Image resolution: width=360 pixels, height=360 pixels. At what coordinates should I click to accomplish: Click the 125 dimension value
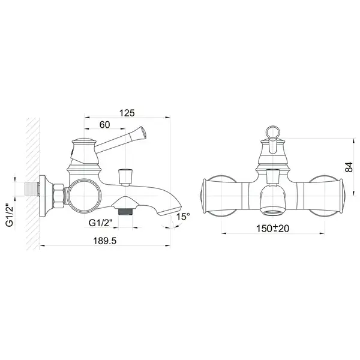click(127, 113)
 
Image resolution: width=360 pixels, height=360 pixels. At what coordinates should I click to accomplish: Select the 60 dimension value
click(104, 125)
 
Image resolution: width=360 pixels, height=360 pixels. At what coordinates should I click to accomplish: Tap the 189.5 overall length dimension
click(104, 241)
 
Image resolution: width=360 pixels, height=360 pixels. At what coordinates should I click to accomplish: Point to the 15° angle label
click(183, 216)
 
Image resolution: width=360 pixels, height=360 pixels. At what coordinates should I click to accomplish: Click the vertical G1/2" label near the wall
click(10, 215)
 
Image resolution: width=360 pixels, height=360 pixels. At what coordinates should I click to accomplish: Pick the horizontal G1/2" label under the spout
click(101, 223)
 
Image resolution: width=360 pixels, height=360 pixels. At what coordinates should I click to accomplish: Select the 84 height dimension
click(349, 167)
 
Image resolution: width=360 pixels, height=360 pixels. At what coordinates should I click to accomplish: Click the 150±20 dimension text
click(272, 229)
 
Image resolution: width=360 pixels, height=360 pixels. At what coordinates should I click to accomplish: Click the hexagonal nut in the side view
click(59, 196)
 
